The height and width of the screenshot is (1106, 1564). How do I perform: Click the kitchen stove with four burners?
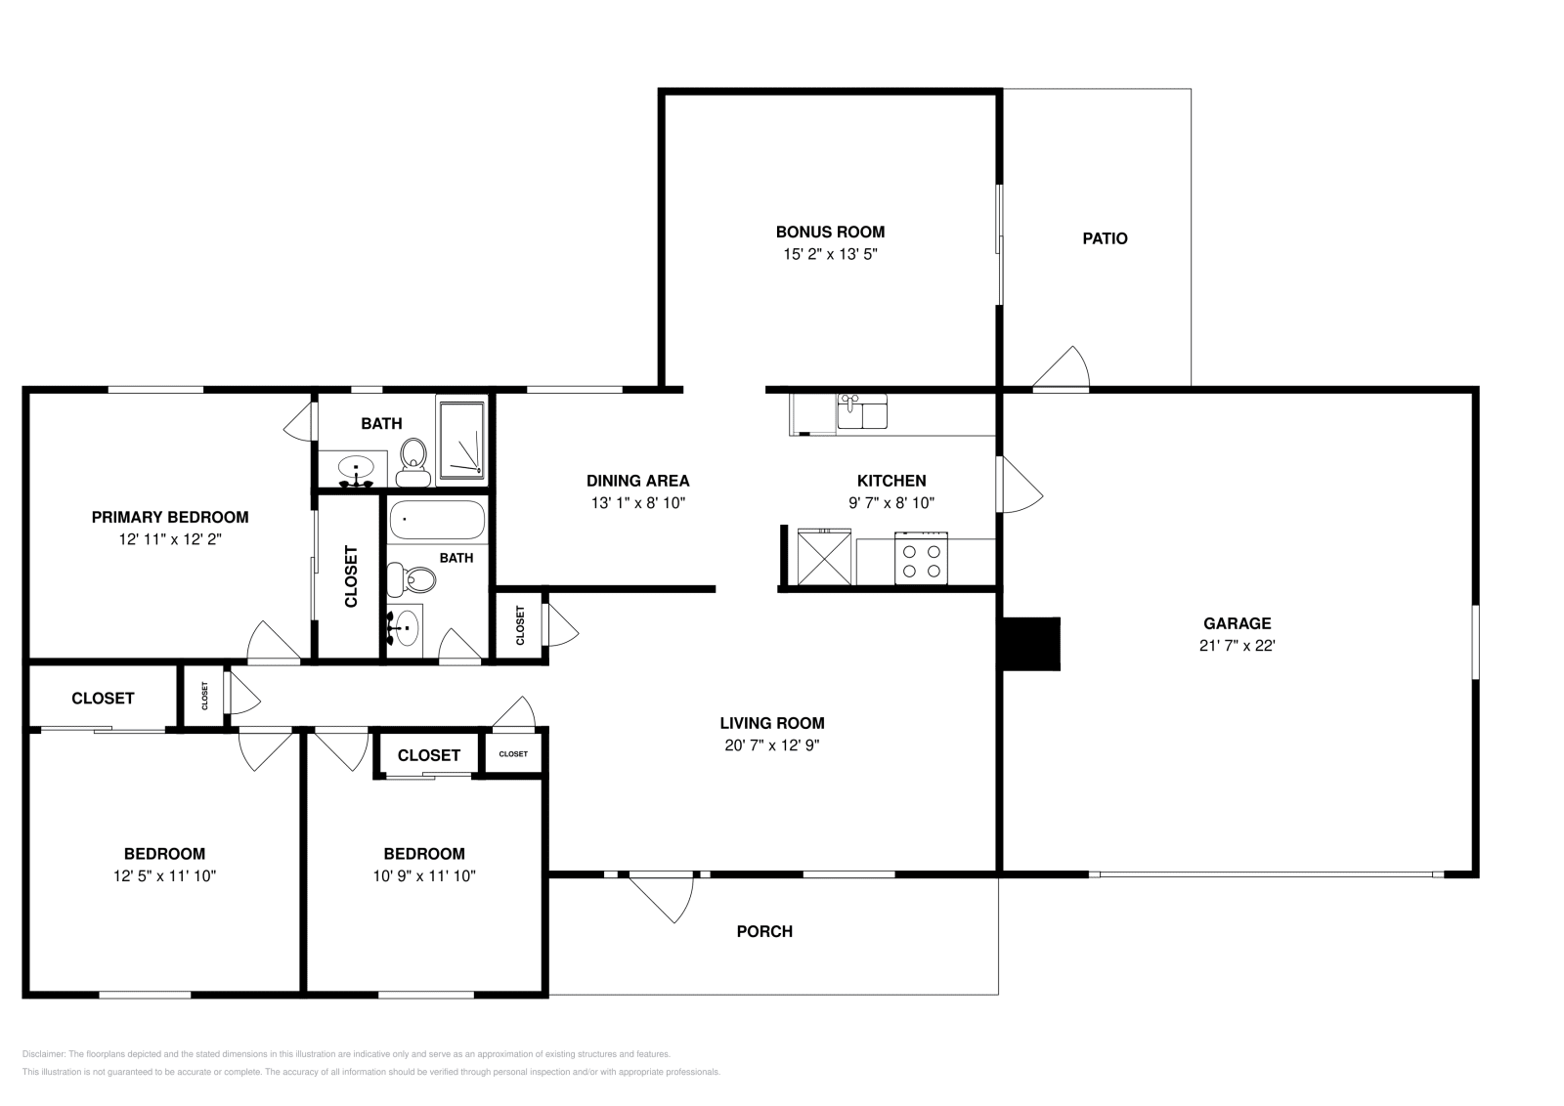click(x=922, y=559)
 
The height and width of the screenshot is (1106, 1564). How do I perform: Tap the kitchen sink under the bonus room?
click(x=862, y=411)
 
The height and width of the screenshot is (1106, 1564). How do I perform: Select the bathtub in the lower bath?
click(x=437, y=521)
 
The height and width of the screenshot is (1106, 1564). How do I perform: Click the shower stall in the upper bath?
click(x=461, y=441)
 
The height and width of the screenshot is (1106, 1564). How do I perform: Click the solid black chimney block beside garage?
click(x=1031, y=643)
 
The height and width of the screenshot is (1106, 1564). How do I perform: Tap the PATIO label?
click(x=1105, y=238)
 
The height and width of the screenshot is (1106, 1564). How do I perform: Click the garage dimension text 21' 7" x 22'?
click(x=1237, y=645)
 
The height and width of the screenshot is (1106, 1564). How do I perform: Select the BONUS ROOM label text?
click(x=830, y=232)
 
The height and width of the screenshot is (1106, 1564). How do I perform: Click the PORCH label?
click(x=764, y=931)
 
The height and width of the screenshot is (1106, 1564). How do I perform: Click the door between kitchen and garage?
click(x=1018, y=485)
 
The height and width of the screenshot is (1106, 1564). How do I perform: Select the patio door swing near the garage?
click(x=1064, y=369)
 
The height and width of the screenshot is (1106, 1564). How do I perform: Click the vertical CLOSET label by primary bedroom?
click(x=351, y=575)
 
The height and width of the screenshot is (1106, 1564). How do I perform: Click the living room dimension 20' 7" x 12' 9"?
click(x=771, y=745)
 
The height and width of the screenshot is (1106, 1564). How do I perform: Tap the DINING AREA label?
click(x=637, y=481)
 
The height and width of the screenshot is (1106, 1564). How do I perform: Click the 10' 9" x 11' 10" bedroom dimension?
click(x=423, y=876)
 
